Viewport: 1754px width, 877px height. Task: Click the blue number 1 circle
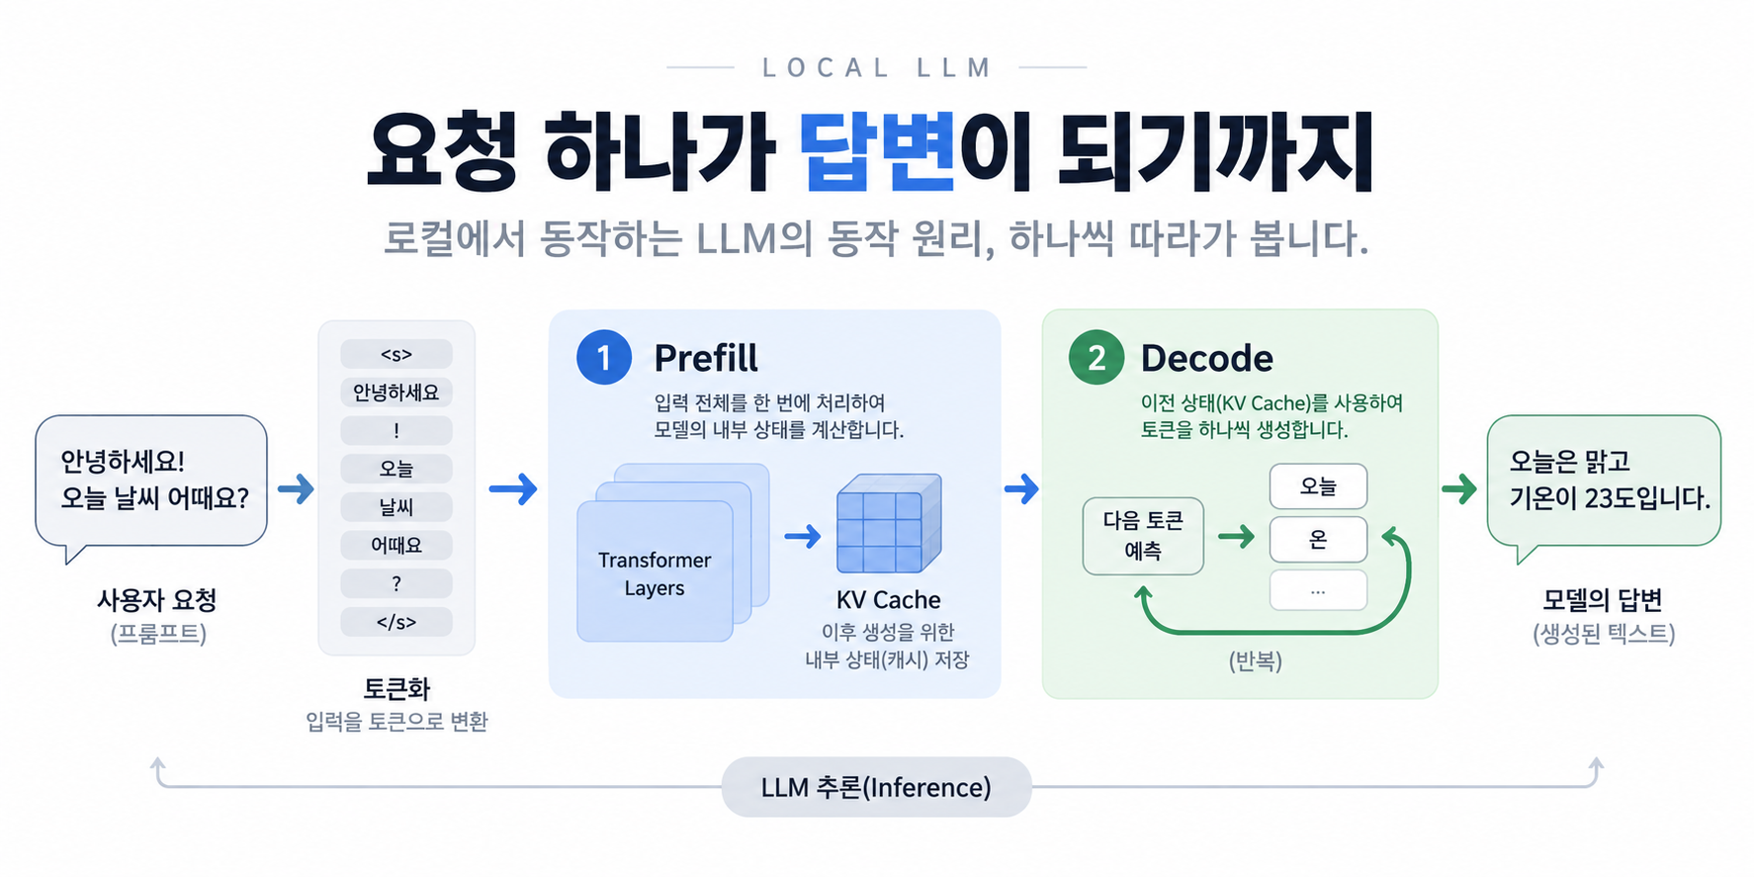click(604, 357)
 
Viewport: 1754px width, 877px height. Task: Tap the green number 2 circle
click(1096, 357)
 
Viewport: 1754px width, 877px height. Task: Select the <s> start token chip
click(396, 354)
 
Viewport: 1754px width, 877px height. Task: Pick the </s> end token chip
click(396, 622)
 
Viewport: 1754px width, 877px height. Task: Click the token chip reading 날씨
click(396, 507)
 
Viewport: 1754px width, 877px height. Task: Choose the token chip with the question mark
click(396, 583)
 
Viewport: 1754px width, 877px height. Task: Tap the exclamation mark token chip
click(396, 431)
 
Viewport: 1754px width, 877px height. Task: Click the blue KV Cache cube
click(889, 524)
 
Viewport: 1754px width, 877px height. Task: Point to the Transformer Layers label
click(655, 573)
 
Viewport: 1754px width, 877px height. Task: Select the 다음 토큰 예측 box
click(1143, 536)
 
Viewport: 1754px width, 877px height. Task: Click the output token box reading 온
click(1318, 539)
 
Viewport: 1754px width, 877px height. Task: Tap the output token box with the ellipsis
click(1318, 591)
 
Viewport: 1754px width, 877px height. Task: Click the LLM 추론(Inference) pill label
click(876, 787)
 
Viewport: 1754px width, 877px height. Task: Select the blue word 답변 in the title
click(877, 151)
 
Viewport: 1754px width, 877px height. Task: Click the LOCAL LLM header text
click(877, 67)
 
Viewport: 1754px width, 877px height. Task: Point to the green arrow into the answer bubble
click(1459, 488)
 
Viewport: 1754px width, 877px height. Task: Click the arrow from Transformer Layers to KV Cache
click(803, 537)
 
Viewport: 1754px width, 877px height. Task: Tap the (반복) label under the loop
click(1256, 660)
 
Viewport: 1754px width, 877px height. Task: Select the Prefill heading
click(706, 358)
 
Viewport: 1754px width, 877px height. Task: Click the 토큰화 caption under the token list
click(396, 688)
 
